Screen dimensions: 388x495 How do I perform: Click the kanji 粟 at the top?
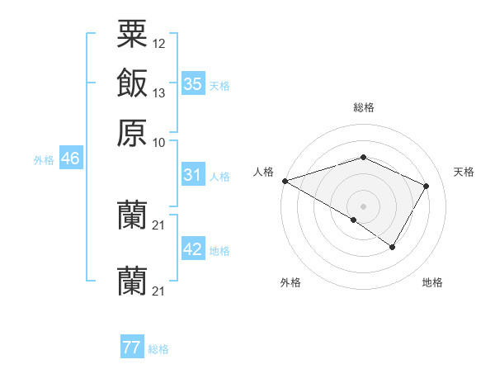point(132,35)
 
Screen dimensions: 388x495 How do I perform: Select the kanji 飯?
point(132,84)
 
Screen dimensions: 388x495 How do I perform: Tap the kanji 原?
point(132,132)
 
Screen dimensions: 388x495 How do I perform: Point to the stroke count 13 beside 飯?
point(159,92)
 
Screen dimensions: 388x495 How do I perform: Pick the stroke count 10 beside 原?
point(159,141)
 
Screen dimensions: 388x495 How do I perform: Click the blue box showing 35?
point(192,83)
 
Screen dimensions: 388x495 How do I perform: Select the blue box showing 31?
point(192,175)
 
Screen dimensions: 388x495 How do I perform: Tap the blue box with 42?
point(192,249)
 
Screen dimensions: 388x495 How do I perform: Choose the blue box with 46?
point(70,159)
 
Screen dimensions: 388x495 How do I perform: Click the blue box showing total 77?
point(132,348)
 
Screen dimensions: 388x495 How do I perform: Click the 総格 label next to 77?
point(158,349)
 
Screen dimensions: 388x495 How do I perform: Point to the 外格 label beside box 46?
point(44,160)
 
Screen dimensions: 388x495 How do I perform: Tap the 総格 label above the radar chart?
point(363,107)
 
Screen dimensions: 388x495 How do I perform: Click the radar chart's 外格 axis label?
point(290,283)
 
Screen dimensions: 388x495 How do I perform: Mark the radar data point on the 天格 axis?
point(427,186)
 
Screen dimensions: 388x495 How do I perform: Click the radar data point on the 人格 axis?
point(285,181)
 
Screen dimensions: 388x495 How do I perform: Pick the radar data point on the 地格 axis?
point(393,247)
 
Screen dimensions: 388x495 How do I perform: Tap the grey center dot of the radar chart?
point(363,206)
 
